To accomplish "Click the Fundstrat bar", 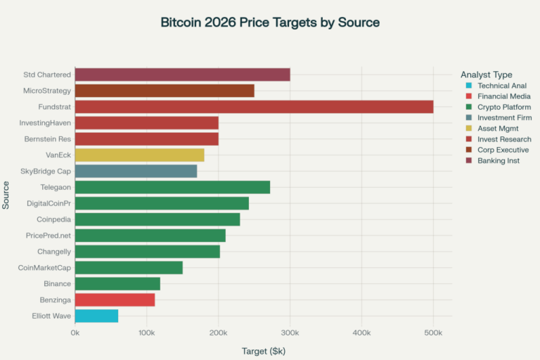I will pos(254,107).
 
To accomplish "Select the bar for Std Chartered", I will pos(182,75).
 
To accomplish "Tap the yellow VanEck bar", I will pos(139,155).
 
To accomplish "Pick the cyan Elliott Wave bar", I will pos(96,316).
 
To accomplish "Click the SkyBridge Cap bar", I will pos(136,171).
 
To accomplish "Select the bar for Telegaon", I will pos(172,187).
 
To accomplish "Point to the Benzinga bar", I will pos(115,300).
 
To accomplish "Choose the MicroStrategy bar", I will pos(165,91).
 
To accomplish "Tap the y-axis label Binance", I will pos(57,283).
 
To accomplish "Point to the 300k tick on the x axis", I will pos(290,333).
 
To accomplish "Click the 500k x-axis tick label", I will pos(433,333).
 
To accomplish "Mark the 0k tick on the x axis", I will pos(75,333).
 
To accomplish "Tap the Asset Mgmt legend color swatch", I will pos(468,129).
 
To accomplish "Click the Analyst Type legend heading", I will pos(487,75).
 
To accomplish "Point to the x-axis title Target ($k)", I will pos(264,350).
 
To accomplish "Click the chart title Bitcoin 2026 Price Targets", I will pos(270,22).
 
